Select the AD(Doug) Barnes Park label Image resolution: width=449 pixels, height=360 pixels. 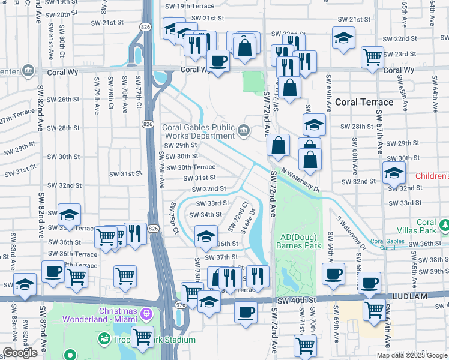point(300,240)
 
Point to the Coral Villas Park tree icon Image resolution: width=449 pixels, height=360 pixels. point(445,225)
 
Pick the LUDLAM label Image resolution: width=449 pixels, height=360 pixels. point(427,296)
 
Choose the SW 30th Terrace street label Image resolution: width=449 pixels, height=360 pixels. point(190,167)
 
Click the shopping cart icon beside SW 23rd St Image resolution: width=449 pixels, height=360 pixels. point(372,57)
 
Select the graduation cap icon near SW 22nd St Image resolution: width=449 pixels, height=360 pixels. point(343,38)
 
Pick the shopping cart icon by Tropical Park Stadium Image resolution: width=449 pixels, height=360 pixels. point(142,336)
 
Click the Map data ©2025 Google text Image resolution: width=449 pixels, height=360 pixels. point(412,355)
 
